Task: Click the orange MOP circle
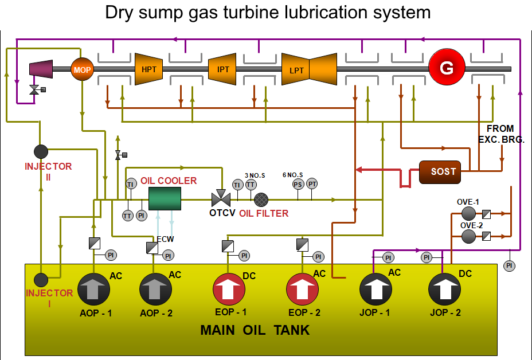81,69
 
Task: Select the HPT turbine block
149,69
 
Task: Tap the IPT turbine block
222,69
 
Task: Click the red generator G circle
445,69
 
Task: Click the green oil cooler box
165,198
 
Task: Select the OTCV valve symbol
220,198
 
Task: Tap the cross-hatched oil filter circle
261,199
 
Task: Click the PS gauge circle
298,184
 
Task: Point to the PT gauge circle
312,184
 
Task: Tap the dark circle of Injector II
41,151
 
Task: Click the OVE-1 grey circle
468,214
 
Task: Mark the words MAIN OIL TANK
255,330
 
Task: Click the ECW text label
165,239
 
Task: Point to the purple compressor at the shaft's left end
41,69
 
